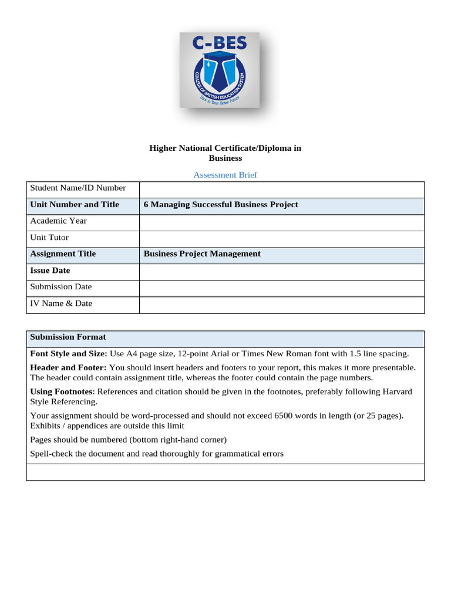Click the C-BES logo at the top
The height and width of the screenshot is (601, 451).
219,70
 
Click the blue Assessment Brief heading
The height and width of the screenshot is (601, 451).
225,175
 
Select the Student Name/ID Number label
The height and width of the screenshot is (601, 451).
78,188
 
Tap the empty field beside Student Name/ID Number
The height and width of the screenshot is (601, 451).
281,189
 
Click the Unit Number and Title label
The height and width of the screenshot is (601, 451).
75,205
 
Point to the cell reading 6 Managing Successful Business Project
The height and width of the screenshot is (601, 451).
221,205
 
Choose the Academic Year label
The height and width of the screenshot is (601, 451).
58,221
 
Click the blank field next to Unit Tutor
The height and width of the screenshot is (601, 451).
281,238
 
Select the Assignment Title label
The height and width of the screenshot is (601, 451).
63,254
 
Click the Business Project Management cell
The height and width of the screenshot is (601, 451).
202,254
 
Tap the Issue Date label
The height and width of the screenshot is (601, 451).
50,271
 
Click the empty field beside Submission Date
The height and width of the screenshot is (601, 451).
281,288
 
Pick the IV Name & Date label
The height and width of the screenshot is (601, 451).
61,304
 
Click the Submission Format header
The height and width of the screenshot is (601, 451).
68,337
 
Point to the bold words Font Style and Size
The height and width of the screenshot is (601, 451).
68,354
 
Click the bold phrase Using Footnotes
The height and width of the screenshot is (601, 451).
61,391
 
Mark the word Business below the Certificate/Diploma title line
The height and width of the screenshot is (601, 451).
225,158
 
